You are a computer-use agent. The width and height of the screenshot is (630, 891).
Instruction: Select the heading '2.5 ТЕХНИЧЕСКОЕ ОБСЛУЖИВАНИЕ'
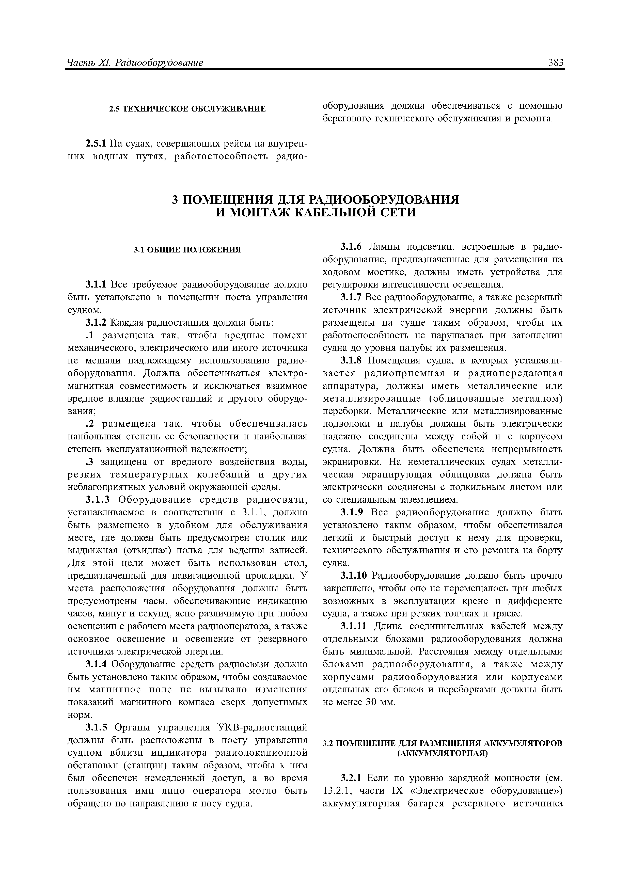[x=187, y=109]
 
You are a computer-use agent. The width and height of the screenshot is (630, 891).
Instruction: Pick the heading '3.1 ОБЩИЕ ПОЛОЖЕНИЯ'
[x=187, y=249]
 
